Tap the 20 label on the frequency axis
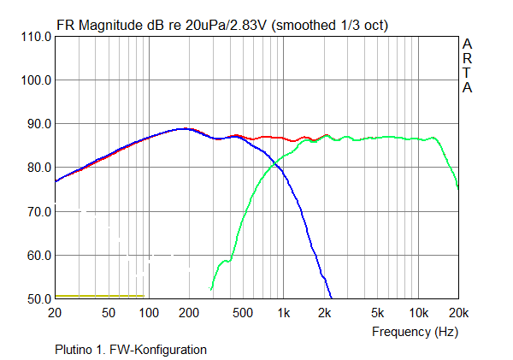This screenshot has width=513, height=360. pyautogui.click(x=56, y=313)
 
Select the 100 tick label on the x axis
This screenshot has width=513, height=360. pyautogui.click(x=149, y=313)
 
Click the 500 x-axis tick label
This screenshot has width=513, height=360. pyautogui.click(x=242, y=313)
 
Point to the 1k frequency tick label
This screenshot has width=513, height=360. pyautogui.click(x=283, y=313)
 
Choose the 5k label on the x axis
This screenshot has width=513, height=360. pyautogui.click(x=377, y=313)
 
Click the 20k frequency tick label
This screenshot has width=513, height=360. pyautogui.click(x=457, y=313)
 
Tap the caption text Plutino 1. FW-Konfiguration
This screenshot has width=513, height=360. pyautogui.click(x=130, y=349)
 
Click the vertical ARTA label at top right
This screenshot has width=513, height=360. pyautogui.click(x=467, y=65)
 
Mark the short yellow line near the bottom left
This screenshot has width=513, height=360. pyautogui.click(x=99, y=296)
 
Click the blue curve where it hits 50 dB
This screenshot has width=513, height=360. pyautogui.click(x=331, y=298)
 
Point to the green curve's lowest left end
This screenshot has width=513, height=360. pyautogui.click(x=211, y=289)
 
